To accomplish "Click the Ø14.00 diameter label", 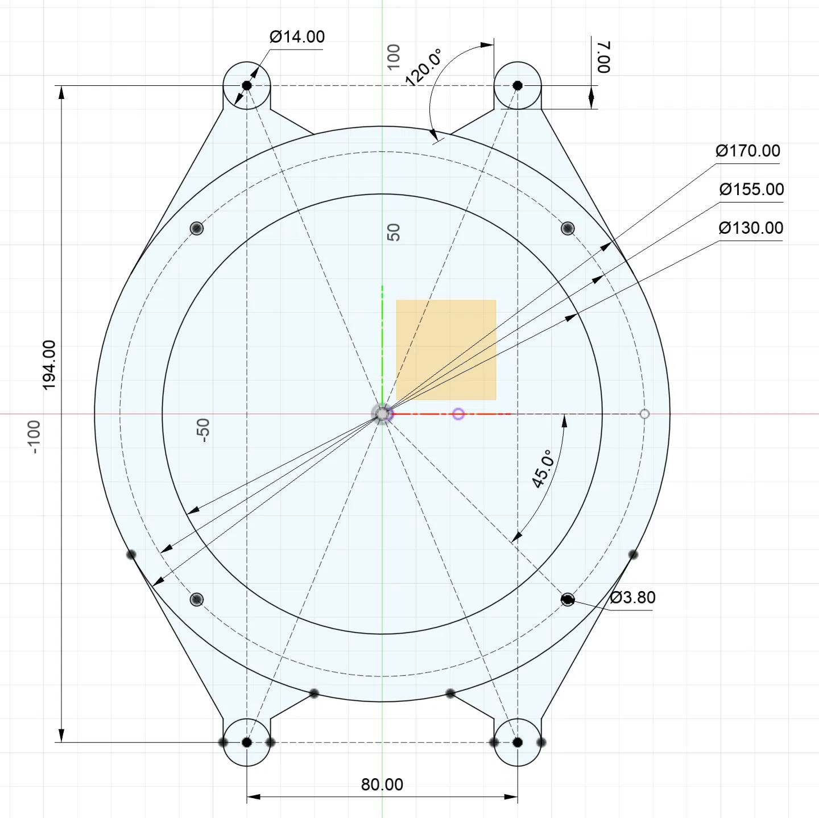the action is pyautogui.click(x=297, y=37).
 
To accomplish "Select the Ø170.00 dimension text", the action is pyautogui.click(x=748, y=151).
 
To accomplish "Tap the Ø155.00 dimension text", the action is pyautogui.click(x=751, y=189).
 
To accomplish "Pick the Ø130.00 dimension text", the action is pyautogui.click(x=751, y=228).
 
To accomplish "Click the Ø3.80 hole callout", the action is pyautogui.click(x=633, y=598).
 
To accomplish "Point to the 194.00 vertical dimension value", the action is pyautogui.click(x=49, y=365).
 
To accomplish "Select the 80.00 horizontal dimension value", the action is pyautogui.click(x=382, y=785).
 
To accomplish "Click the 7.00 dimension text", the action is pyautogui.click(x=603, y=57).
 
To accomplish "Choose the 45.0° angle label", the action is pyautogui.click(x=543, y=469).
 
